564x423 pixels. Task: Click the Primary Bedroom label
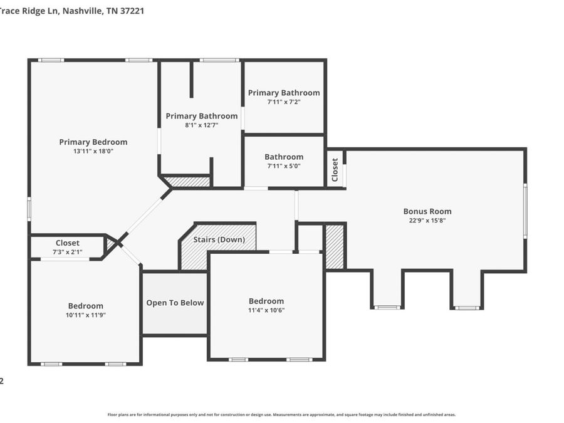click(93, 142)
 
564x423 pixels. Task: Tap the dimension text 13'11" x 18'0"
click(93, 152)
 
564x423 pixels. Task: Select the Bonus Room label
click(427, 212)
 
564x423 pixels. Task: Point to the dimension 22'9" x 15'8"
click(427, 221)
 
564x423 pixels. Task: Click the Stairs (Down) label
click(219, 239)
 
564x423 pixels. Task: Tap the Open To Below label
click(175, 303)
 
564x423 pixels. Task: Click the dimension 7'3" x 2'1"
click(68, 252)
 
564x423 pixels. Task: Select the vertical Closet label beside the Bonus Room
click(335, 170)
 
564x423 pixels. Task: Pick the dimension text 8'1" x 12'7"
click(202, 125)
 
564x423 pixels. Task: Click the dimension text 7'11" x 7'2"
click(284, 102)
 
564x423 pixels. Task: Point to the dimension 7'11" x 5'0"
click(284, 166)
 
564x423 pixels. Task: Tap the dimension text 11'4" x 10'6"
click(266, 310)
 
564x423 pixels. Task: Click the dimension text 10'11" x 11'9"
click(86, 315)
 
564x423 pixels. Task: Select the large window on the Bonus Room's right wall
click(525, 211)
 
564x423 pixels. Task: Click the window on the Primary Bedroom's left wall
click(29, 209)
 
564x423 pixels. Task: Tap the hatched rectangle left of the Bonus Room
click(335, 247)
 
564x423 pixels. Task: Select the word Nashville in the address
click(83, 11)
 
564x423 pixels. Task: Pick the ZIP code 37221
click(132, 11)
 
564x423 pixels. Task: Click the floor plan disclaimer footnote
click(281, 415)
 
